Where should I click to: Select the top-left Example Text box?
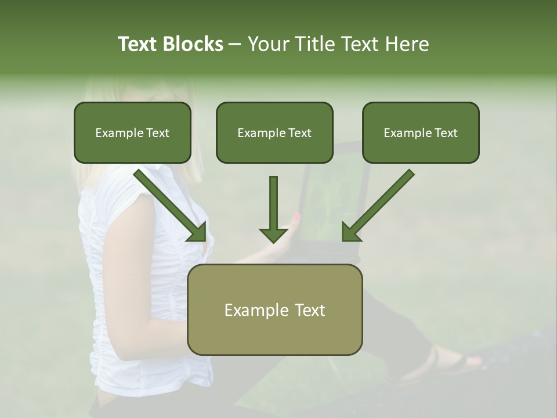132,133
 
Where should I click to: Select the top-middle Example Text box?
274,133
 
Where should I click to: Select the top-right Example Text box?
421,133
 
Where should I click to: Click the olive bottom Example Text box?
274,310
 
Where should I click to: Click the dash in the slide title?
235,44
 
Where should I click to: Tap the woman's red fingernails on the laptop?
298,219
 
